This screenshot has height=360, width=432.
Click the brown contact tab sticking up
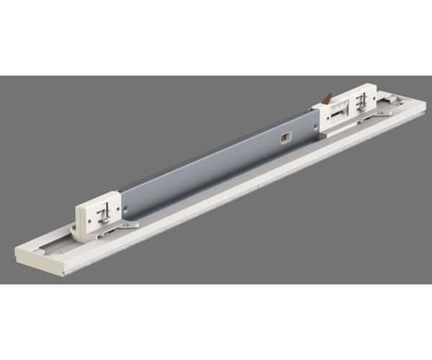click(328, 96)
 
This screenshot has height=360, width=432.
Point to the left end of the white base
click(22, 256)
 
